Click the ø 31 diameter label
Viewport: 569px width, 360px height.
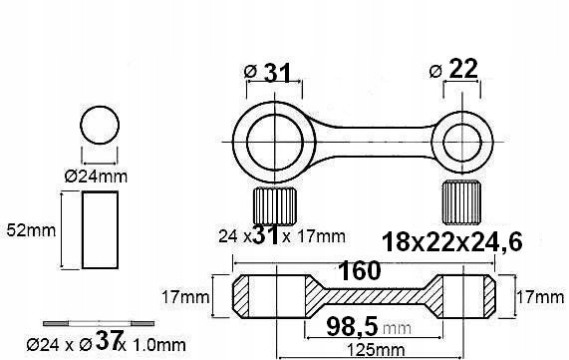click(267, 73)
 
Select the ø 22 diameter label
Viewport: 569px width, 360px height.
click(453, 70)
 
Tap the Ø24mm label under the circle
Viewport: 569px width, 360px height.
click(97, 177)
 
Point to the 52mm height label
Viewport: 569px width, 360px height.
click(31, 230)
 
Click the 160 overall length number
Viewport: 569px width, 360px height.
click(360, 271)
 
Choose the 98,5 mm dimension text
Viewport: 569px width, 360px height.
click(369, 327)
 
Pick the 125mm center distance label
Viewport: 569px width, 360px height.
click(376, 351)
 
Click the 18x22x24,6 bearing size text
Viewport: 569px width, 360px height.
click(452, 242)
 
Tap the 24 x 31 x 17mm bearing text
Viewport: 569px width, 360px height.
click(282, 235)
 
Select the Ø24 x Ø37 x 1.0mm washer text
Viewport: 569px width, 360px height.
click(106, 342)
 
